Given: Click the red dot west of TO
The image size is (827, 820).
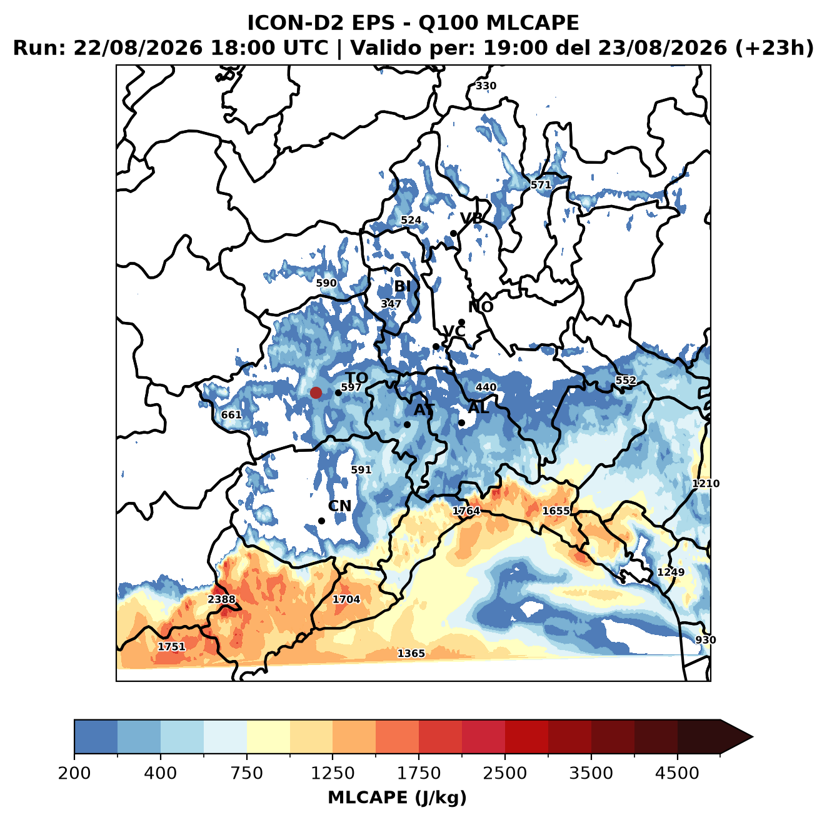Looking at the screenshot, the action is click(316, 392).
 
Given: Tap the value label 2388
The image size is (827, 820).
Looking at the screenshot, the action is click(221, 599).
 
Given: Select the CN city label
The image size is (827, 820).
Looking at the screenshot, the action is click(339, 506).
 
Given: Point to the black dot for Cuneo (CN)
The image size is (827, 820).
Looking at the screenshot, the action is click(321, 521).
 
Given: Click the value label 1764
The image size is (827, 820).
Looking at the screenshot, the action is click(466, 511).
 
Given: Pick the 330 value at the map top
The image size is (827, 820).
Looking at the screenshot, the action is click(486, 86).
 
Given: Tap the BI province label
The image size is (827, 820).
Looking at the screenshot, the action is click(402, 286).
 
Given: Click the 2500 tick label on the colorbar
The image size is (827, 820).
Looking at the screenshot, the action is click(504, 773).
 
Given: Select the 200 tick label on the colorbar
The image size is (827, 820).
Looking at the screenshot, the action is click(74, 773).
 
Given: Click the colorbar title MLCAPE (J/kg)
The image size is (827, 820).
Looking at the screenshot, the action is click(397, 797).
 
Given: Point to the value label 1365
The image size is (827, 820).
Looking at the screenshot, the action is click(411, 653).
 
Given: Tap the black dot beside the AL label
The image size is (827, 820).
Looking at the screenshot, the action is click(461, 422).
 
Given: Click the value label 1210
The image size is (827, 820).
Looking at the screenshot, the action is click(706, 484).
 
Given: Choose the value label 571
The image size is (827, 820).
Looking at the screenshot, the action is click(541, 185).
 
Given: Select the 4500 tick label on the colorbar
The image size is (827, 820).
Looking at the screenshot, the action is click(677, 773).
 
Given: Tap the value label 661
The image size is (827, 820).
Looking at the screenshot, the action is click(231, 415).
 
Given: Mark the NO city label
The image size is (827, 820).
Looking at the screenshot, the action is click(480, 307).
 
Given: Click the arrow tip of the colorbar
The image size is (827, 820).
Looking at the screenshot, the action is click(753, 737).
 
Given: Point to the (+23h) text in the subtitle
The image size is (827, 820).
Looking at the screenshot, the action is click(774, 49).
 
